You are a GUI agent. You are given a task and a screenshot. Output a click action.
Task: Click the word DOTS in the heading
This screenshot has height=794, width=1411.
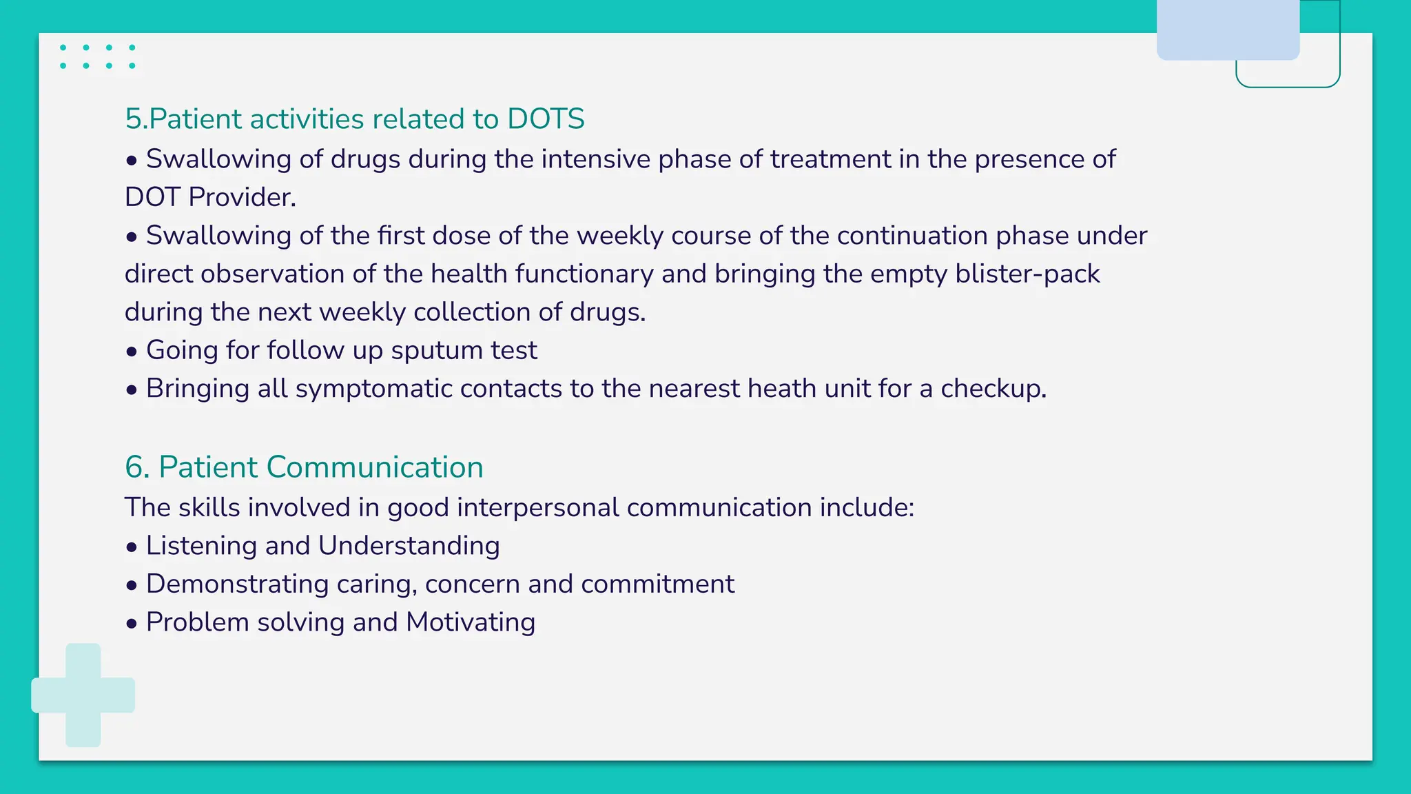click(546, 119)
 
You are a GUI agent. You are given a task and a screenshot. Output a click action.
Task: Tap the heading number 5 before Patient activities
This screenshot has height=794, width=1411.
click(134, 119)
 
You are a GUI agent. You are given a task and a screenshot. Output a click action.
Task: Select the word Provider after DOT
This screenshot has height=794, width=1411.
click(242, 198)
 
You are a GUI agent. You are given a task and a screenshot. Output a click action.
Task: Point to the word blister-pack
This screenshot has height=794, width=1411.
click(1027, 274)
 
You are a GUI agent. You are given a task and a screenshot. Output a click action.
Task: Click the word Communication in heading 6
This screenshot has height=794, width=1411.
click(375, 467)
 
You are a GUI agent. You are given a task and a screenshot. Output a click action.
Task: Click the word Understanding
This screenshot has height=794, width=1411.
click(409, 546)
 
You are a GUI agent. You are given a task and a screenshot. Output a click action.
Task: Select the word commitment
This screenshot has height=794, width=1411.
click(658, 584)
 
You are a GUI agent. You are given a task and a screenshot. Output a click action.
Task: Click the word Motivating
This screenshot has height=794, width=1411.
click(471, 622)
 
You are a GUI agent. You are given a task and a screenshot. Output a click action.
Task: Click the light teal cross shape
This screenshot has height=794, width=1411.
click(83, 695)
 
